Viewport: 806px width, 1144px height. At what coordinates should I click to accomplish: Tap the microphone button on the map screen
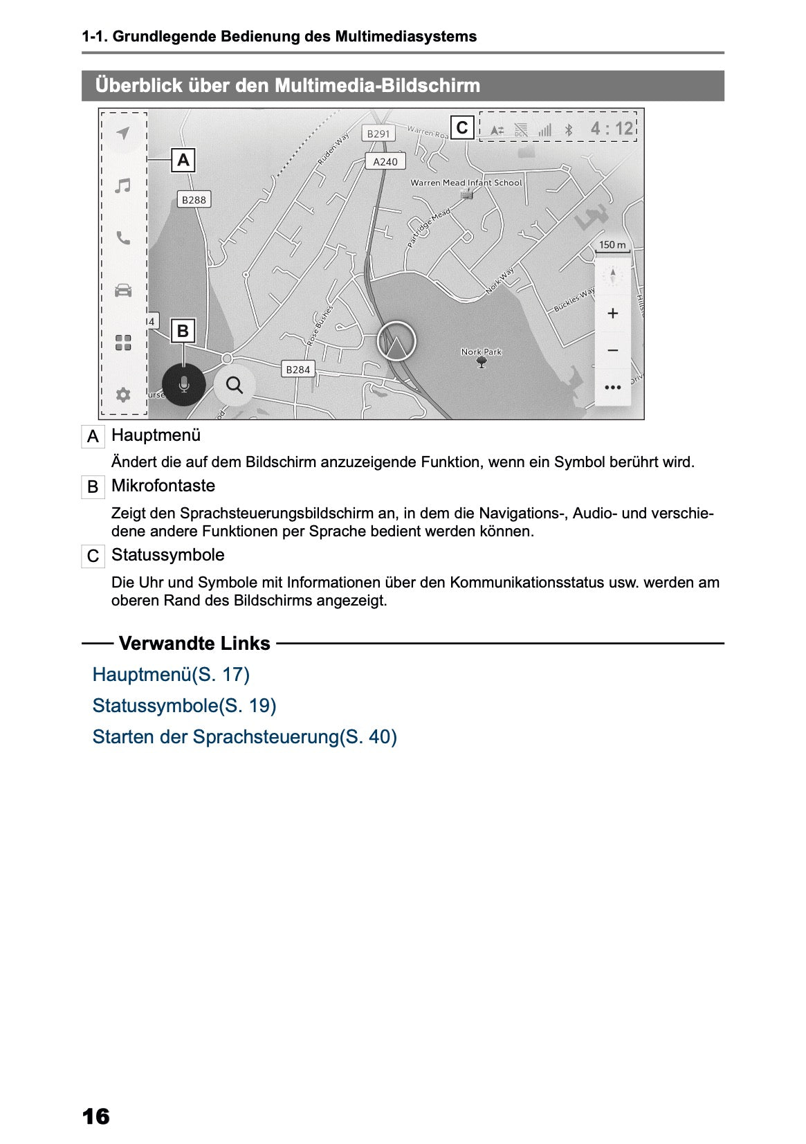pos(183,384)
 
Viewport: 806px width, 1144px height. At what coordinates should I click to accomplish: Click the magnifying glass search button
pos(235,385)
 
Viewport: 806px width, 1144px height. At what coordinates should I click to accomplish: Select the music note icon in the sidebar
pos(123,185)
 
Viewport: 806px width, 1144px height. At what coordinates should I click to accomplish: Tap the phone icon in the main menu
pos(123,238)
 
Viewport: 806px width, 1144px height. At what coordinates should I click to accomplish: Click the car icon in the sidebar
pos(123,290)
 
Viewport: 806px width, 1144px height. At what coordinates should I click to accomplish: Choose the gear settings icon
pos(123,394)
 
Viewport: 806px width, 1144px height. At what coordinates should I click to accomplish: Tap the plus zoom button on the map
pos(612,314)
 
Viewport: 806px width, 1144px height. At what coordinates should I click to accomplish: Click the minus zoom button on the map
pos(612,350)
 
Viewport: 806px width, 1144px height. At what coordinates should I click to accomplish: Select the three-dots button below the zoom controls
pos(612,388)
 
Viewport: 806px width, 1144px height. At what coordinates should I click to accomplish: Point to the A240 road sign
pos(385,161)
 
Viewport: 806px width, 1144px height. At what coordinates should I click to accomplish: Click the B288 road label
pos(194,199)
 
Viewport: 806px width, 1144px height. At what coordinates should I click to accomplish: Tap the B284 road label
pos(298,369)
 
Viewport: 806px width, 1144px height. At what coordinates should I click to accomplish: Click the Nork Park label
pos(482,352)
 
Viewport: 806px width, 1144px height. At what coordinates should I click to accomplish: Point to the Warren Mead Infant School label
pos(466,183)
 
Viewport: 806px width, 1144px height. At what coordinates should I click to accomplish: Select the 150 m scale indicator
pos(612,245)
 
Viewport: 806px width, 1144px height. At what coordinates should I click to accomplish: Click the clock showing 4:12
pos(612,129)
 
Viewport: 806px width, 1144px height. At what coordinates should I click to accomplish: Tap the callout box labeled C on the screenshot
pos(462,127)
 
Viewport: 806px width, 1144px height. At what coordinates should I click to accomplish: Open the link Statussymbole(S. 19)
pos(184,706)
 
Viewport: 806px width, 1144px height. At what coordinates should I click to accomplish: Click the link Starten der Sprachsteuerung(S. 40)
pos(244,737)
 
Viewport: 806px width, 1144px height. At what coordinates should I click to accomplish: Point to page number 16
pos(95,1116)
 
